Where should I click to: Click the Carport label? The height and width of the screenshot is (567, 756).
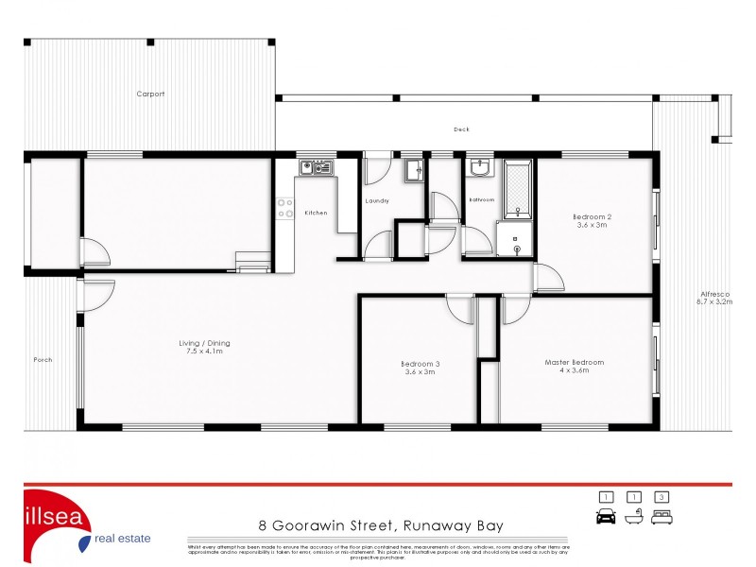coord(150,94)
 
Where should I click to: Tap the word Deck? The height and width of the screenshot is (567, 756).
coord(461,129)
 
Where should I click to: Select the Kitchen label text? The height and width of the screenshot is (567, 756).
coord(316,213)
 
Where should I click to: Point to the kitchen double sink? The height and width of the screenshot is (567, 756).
coord(314,168)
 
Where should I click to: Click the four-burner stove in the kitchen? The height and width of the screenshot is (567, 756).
coord(284,208)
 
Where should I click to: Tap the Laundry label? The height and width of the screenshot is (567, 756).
coord(377,201)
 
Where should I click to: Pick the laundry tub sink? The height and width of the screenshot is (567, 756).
coord(414,171)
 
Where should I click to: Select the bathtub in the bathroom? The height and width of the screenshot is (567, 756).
coord(518,188)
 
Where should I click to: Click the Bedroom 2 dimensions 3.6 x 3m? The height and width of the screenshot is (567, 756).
coord(590,226)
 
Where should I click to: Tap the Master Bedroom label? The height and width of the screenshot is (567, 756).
coord(574,362)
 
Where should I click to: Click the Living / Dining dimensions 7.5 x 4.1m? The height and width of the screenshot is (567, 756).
coord(205,352)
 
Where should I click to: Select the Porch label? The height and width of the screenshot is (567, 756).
coord(43,359)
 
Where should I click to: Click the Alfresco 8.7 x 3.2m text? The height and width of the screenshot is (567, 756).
coord(714,298)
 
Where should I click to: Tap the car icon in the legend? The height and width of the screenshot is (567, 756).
coord(606,516)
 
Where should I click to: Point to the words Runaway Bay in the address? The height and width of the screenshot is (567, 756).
coord(453,525)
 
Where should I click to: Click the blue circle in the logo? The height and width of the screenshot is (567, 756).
coord(85,541)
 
